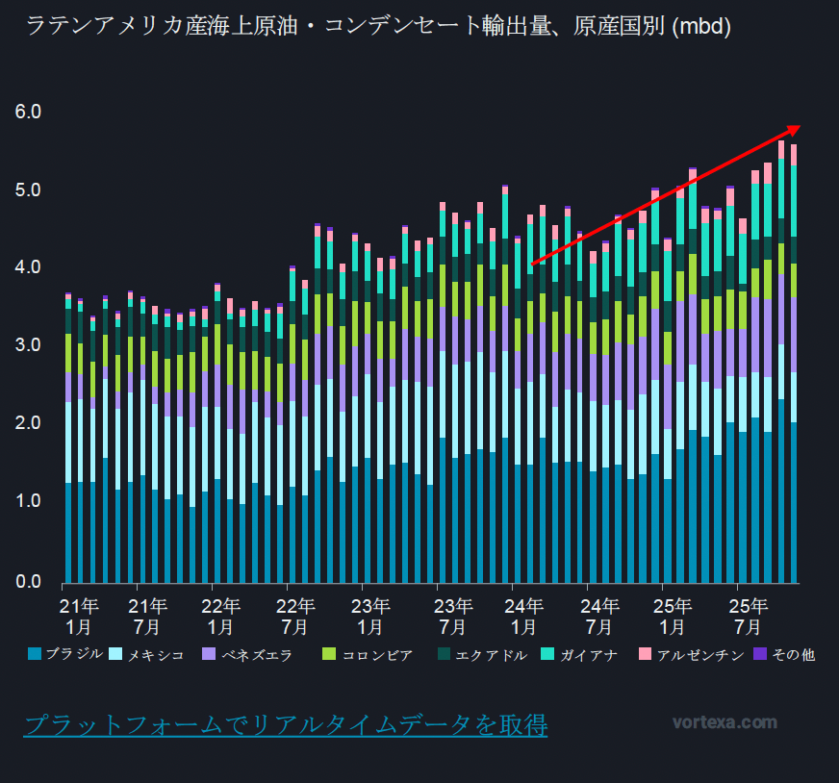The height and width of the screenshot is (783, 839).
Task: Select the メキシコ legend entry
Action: click(156, 655)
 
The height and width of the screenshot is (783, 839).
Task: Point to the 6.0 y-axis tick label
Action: click(29, 112)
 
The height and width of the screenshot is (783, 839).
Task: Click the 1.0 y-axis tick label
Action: click(29, 501)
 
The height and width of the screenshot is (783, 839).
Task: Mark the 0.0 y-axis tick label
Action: click(29, 580)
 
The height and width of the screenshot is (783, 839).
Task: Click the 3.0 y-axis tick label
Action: click(29, 344)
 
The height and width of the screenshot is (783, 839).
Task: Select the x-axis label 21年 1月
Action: click(78, 616)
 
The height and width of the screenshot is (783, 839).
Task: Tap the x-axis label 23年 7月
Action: click(453, 616)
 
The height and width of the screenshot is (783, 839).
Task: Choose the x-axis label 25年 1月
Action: click(673, 616)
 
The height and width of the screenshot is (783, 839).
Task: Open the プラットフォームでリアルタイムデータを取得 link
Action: click(286, 724)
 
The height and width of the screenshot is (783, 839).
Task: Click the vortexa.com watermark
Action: click(725, 722)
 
